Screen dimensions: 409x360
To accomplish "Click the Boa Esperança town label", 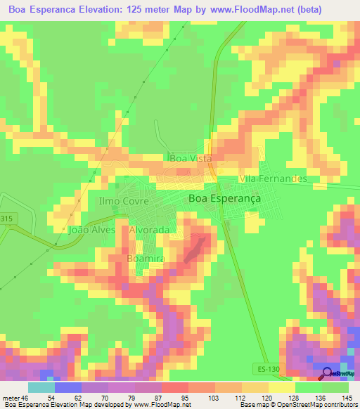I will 224,199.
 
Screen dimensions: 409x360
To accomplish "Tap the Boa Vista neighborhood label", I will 191,159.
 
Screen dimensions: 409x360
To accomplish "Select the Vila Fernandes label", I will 274,178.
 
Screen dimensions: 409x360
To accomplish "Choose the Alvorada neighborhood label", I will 150,230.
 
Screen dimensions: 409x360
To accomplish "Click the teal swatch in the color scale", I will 41,387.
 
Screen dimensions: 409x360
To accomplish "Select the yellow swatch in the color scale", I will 281,387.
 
